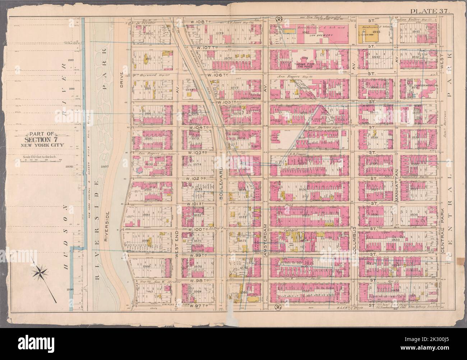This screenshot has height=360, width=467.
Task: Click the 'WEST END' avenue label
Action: (177, 244)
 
